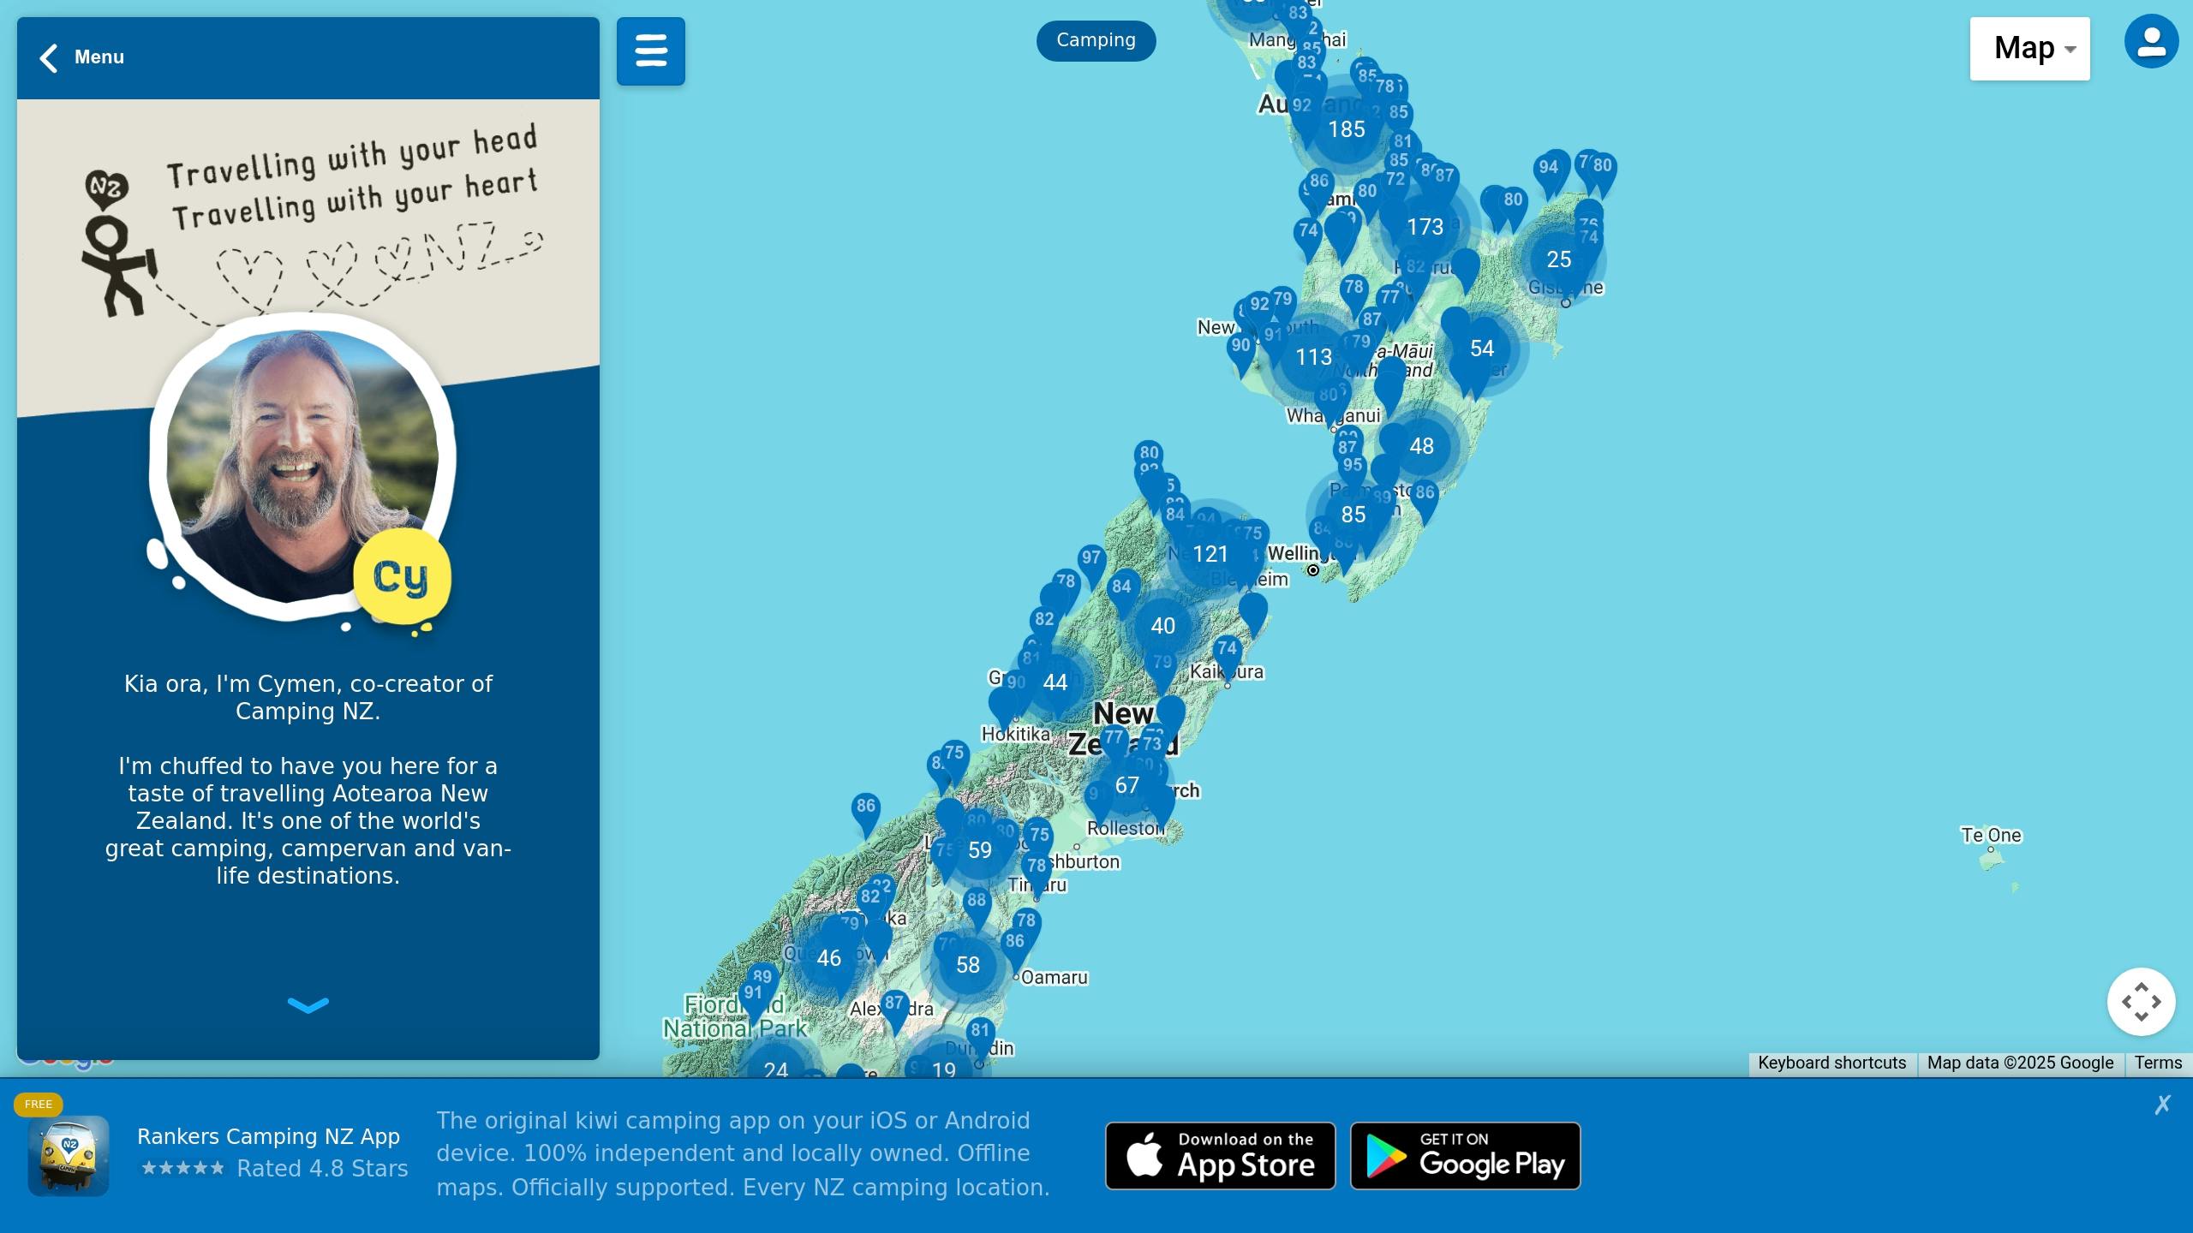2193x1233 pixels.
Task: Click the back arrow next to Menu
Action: pos(49,58)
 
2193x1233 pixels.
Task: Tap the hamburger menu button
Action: pos(651,51)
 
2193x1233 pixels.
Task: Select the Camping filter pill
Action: pos(1096,40)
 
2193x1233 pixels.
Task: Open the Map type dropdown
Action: pos(2029,49)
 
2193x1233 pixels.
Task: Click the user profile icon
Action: pos(2151,41)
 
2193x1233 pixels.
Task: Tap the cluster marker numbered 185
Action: pos(1346,129)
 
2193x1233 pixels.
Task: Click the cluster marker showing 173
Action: pos(1425,227)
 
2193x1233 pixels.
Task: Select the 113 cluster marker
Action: pos(1313,357)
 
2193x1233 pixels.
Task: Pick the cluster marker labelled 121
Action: pos(1210,554)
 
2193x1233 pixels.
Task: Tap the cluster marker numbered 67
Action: pos(1126,785)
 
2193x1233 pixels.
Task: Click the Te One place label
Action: pos(1991,835)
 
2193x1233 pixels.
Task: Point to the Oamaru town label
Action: pos(1054,978)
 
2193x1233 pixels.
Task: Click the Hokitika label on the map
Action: pos(1015,734)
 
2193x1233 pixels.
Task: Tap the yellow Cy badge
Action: pos(401,577)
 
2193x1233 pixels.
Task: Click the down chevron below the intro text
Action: pos(308,1004)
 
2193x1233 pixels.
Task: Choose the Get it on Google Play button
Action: pos(1465,1156)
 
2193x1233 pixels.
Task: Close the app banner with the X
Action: pos(2162,1105)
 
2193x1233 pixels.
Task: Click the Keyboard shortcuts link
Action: pos(1831,1063)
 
